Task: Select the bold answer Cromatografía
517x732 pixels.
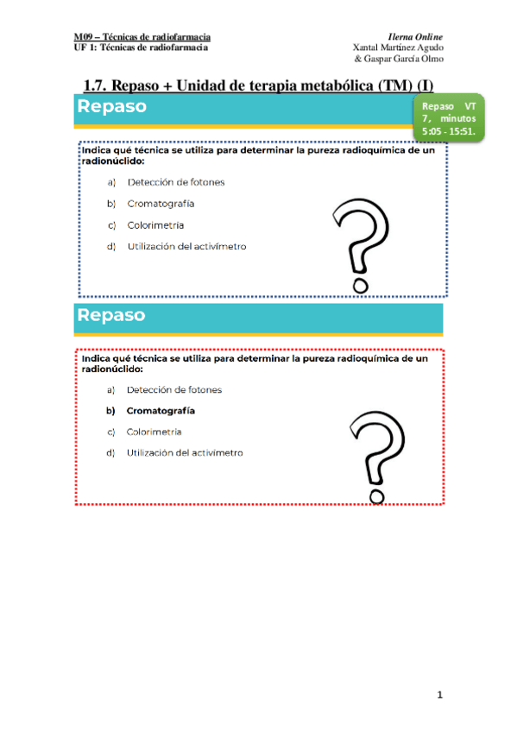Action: tap(161, 411)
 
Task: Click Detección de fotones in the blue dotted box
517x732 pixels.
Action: tap(176, 182)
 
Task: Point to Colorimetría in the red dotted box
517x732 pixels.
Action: tap(154, 432)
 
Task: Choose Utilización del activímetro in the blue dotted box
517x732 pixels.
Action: tap(186, 246)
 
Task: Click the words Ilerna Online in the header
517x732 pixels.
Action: tap(416, 37)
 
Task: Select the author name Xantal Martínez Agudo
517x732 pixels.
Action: tap(399, 47)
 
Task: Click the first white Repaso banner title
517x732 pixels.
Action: tap(111, 107)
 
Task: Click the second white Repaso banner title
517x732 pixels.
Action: tap(111, 315)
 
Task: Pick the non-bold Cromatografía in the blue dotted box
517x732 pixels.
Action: tap(161, 204)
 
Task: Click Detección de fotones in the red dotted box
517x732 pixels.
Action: tap(173, 389)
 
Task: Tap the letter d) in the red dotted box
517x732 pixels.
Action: tap(110, 452)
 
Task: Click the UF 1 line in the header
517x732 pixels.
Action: tap(140, 47)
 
